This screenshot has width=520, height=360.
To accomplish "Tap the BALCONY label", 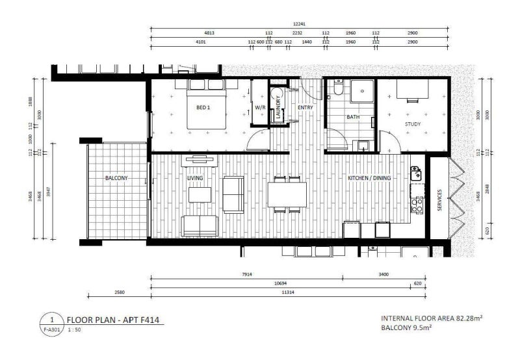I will pyautogui.click(x=116, y=177).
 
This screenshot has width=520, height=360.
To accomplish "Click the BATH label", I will pyautogui.click(x=352, y=118).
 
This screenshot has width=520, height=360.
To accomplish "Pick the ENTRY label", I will pyautogui.click(x=305, y=107).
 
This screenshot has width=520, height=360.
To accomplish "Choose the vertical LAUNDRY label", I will pyautogui.click(x=278, y=107).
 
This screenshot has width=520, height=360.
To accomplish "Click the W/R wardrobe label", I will pyautogui.click(x=260, y=107).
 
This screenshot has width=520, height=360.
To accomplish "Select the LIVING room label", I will pyautogui.click(x=195, y=177).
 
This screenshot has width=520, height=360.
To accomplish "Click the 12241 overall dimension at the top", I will pyautogui.click(x=299, y=24).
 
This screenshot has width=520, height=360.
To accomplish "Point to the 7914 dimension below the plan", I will pyautogui.click(x=246, y=274).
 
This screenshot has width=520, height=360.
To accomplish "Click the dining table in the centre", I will pyautogui.click(x=287, y=193).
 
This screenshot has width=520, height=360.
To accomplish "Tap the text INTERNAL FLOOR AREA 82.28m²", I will pyautogui.click(x=431, y=318).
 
